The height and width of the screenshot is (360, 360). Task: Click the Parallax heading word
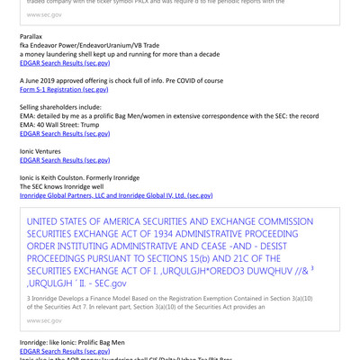[x=33, y=37]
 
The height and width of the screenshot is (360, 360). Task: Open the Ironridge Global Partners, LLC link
[x=116, y=194]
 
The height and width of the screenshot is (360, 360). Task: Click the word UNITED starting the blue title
[x=48, y=221]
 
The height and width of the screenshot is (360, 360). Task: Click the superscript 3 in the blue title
[x=311, y=267]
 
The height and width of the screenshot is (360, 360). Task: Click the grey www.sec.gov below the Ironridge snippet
[x=45, y=319]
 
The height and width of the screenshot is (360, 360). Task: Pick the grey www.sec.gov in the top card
[x=45, y=14]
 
